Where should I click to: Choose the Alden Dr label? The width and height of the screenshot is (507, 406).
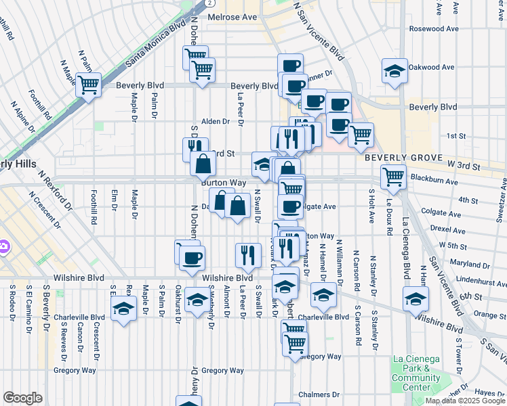tap(216, 122)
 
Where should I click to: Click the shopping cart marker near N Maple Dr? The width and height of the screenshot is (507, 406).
tap(88, 85)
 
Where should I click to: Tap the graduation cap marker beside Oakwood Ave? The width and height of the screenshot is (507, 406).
tap(394, 71)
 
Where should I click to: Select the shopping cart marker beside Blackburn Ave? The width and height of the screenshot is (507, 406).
tap(393, 177)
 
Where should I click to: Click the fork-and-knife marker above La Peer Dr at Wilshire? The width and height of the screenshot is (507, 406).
tap(248, 255)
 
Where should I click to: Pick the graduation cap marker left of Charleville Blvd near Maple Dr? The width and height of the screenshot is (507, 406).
tap(123, 309)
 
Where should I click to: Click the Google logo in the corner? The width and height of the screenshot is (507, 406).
tap(22, 398)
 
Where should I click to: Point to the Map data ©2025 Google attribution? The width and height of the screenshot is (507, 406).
tap(465, 401)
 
